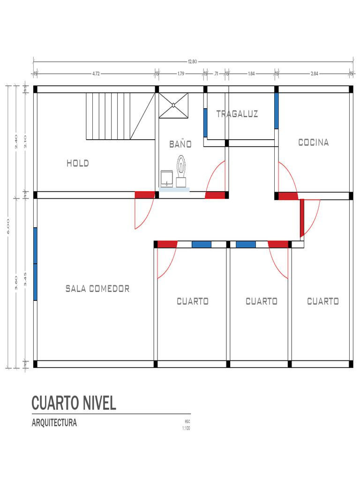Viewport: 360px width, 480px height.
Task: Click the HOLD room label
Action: point(77,164)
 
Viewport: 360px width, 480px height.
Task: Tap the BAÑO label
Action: point(180,144)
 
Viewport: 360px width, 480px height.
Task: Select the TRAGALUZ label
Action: point(237,114)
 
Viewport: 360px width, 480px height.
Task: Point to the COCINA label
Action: point(314,142)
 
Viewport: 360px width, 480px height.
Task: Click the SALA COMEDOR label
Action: point(97,289)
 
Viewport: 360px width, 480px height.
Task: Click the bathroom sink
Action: point(166,179)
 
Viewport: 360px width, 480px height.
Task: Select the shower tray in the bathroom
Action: point(173,105)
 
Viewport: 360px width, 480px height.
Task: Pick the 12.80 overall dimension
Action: point(193,61)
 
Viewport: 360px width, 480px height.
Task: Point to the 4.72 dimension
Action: point(96,74)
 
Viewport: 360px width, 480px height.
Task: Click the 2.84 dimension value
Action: point(315,74)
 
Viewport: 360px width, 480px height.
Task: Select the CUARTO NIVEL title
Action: point(74,403)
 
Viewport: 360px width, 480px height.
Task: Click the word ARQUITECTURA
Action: point(54,423)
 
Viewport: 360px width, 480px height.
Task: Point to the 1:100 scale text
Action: point(186,428)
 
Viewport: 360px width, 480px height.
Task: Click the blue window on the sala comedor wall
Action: point(35,263)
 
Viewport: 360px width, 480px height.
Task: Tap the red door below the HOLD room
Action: point(145,195)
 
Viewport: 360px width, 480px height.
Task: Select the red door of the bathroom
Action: point(215,195)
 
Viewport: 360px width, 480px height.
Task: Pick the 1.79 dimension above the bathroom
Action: point(180,74)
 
